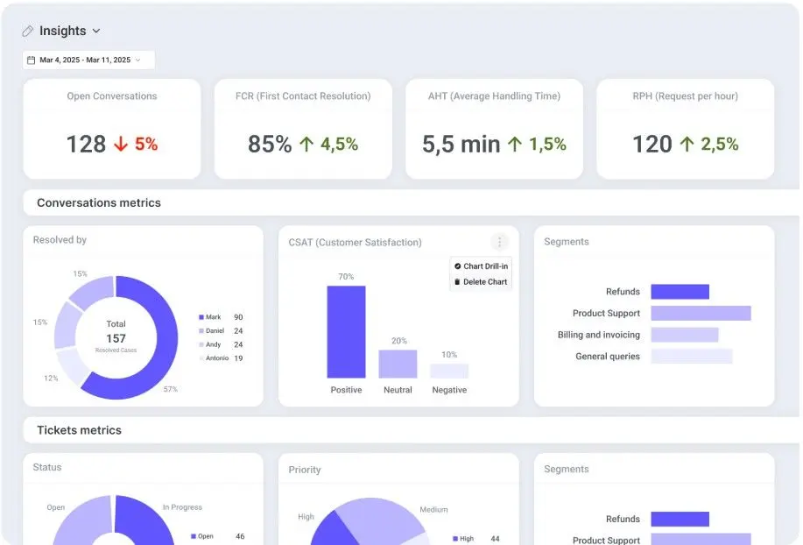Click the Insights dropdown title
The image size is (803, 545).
click(62, 31)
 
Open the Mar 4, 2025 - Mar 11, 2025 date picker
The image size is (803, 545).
click(88, 60)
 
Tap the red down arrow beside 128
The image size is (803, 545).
click(121, 144)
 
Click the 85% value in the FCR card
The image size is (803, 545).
click(270, 144)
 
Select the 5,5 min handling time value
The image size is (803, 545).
click(461, 144)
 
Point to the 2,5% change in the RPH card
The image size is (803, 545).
click(720, 144)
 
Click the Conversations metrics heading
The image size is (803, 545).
click(99, 202)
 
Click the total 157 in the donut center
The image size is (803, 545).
click(116, 338)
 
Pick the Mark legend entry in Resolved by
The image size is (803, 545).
click(210, 317)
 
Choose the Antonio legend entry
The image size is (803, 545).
click(214, 358)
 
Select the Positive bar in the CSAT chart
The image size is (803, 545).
click(346, 332)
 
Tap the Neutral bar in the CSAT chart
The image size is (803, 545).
click(398, 365)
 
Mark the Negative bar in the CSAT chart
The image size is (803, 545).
click(449, 371)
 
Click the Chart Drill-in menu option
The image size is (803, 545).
click(481, 266)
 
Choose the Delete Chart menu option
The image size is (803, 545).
click(481, 282)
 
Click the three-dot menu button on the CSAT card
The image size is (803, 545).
click(499, 241)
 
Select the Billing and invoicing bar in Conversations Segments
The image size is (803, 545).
click(685, 335)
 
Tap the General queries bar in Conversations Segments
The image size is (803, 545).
click(692, 357)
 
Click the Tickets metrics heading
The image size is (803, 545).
click(80, 430)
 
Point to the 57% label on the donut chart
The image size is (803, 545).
click(171, 389)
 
